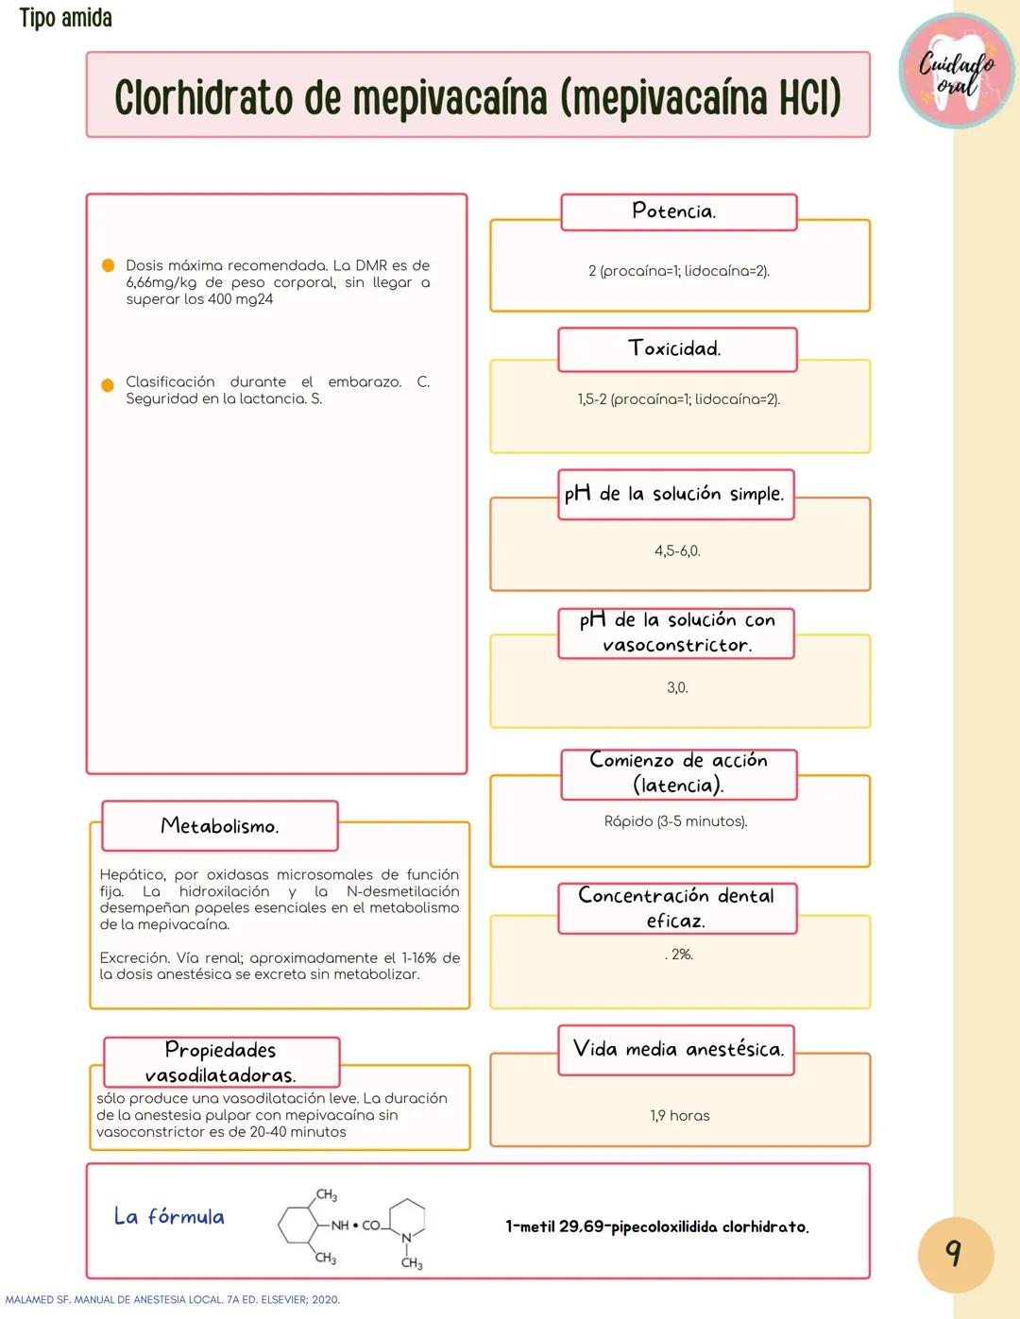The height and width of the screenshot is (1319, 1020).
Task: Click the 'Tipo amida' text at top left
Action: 65,18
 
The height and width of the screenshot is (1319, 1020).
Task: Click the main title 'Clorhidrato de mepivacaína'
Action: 477,97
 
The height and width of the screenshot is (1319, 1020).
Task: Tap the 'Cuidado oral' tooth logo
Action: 957,72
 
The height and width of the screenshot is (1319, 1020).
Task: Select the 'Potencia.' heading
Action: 674,211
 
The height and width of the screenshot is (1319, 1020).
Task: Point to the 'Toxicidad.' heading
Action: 675,349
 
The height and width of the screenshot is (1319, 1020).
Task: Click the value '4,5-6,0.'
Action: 677,551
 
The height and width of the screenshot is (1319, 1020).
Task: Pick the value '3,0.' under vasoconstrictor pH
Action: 677,688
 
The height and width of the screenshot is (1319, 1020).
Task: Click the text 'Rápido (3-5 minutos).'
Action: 675,821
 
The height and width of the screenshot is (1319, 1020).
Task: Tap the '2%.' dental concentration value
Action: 680,955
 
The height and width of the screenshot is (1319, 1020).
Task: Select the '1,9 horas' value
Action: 679,1116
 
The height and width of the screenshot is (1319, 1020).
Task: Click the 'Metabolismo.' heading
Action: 219,826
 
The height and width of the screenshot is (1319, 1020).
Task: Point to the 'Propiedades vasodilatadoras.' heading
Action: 221,1062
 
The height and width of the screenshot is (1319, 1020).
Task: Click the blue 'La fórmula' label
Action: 169,1216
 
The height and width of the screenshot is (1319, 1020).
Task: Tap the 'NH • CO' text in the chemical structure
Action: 354,1226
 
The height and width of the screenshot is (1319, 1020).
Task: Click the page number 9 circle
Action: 955,1254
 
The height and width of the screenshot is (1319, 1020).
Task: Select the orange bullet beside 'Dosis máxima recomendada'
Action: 109,266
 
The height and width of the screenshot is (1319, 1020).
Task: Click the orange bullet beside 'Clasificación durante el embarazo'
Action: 108,384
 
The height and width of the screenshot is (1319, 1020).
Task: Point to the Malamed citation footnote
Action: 173,1300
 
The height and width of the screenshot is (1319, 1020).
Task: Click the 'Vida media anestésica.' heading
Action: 678,1049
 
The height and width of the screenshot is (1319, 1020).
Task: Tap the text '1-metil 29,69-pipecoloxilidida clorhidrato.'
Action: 656,1227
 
